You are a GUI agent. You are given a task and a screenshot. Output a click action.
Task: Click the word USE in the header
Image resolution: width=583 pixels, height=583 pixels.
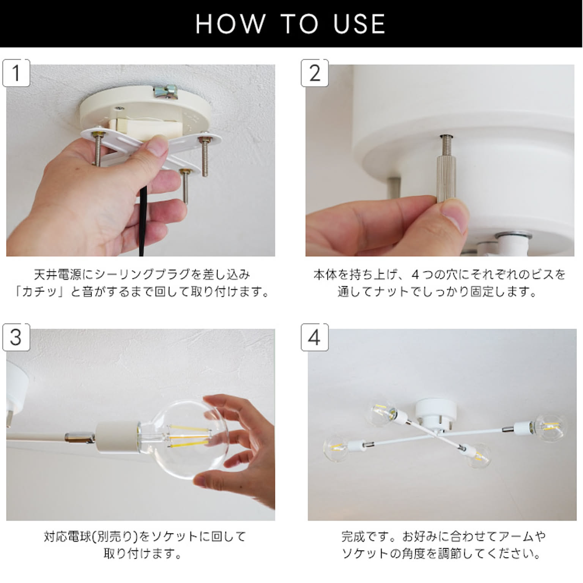tap(359, 24)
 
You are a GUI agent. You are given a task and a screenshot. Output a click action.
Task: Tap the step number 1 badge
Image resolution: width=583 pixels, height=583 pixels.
tap(16, 73)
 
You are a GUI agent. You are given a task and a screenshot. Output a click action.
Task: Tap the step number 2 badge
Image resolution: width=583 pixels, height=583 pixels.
tap(315, 73)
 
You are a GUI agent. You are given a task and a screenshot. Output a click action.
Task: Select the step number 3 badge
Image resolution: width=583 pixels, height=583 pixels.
tap(16, 337)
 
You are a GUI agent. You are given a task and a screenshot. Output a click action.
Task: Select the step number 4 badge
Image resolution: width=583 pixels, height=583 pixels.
tap(315, 337)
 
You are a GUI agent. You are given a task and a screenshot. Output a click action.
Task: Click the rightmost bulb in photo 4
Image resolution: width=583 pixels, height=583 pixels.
tap(550, 427)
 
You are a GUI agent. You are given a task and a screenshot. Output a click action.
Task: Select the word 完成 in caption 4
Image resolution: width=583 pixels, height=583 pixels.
tap(354, 536)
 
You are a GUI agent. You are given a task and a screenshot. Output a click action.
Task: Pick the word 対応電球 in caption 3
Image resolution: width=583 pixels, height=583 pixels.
tap(68, 536)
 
